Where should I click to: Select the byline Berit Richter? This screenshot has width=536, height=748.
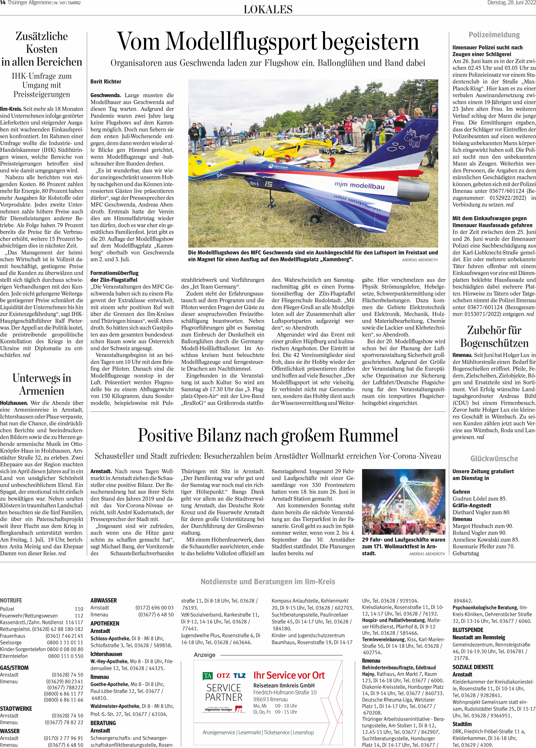[x=106, y=81]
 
